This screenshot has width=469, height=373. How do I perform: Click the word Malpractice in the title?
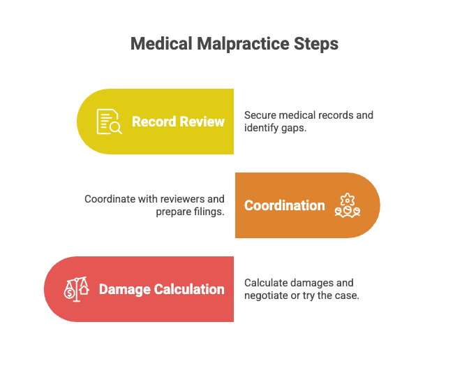point(243,44)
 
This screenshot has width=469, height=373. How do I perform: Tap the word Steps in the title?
point(316,44)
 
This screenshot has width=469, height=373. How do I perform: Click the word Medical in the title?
point(161,44)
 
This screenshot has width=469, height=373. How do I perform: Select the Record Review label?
point(178,122)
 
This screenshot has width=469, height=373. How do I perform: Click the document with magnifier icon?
point(109,122)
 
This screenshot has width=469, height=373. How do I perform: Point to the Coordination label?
point(285,205)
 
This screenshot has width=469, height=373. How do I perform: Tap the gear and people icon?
point(348,205)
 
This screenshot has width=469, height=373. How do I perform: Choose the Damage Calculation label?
point(161,289)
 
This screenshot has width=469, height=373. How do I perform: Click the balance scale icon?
point(77,289)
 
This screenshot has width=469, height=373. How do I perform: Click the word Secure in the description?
point(260,115)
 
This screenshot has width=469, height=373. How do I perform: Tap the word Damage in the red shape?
point(125,290)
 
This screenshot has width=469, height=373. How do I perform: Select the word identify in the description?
point(261,128)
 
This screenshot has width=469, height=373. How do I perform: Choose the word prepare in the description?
point(174,212)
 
